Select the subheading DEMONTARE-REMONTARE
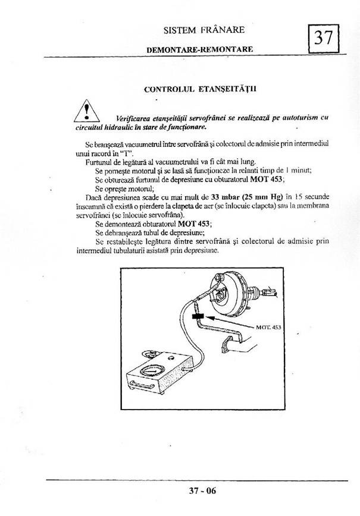200,50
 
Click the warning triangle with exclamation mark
87,110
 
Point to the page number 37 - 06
200,491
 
